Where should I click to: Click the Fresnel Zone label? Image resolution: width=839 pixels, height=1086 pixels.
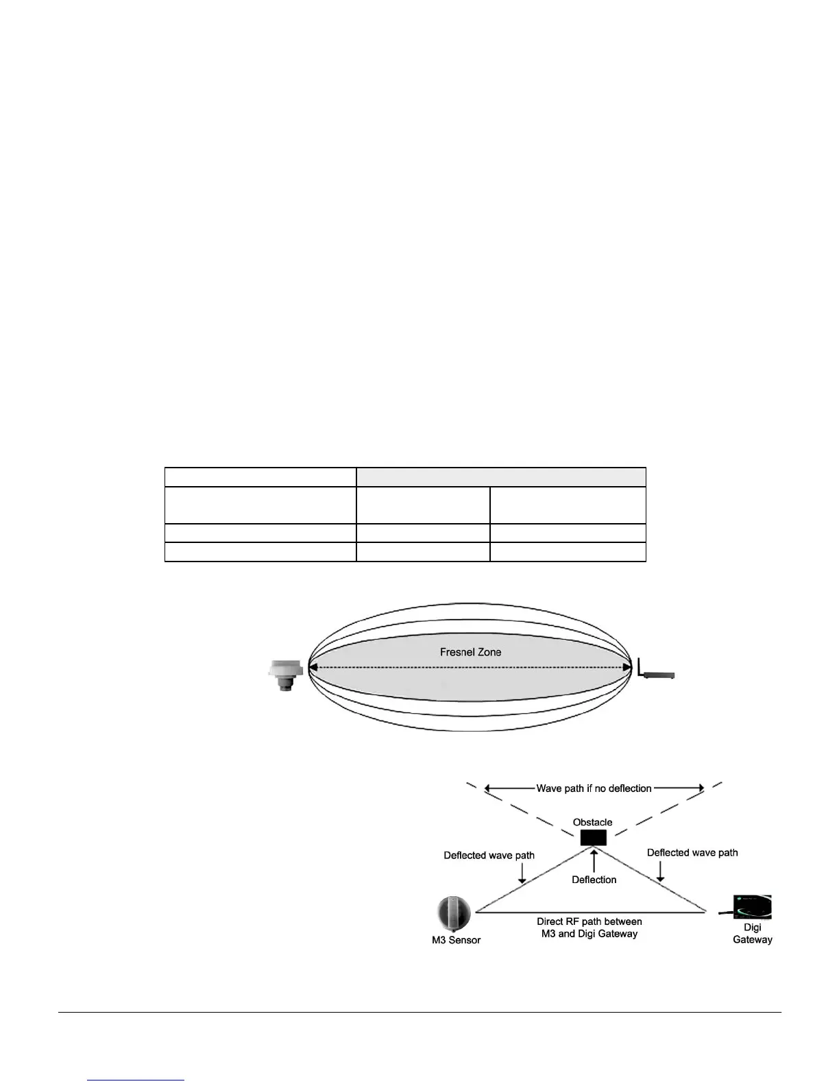click(470, 652)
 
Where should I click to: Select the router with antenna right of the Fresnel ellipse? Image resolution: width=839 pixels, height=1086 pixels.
click(656, 671)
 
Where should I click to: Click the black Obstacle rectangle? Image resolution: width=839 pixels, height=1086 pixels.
click(594, 838)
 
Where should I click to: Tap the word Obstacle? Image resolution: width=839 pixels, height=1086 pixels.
click(593, 822)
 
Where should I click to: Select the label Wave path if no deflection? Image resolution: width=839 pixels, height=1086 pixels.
click(594, 788)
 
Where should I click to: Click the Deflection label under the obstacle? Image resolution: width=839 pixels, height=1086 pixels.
click(594, 880)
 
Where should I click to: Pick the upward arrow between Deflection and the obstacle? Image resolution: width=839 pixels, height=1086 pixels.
click(594, 860)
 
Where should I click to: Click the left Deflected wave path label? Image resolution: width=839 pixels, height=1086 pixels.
click(489, 855)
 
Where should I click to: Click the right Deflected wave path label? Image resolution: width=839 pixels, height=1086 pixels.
click(692, 852)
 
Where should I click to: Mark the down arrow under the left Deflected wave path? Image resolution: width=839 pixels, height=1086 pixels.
click(522, 873)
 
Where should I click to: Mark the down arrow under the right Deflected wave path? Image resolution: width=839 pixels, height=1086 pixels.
click(660, 871)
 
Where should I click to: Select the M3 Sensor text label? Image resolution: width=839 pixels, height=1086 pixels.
click(456, 940)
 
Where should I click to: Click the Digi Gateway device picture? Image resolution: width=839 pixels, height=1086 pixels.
click(751, 907)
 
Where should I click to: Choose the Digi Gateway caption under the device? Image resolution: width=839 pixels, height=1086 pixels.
click(753, 933)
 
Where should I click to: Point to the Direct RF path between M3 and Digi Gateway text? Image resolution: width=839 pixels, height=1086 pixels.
click(589, 928)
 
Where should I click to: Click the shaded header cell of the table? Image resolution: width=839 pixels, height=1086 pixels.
click(501, 477)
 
